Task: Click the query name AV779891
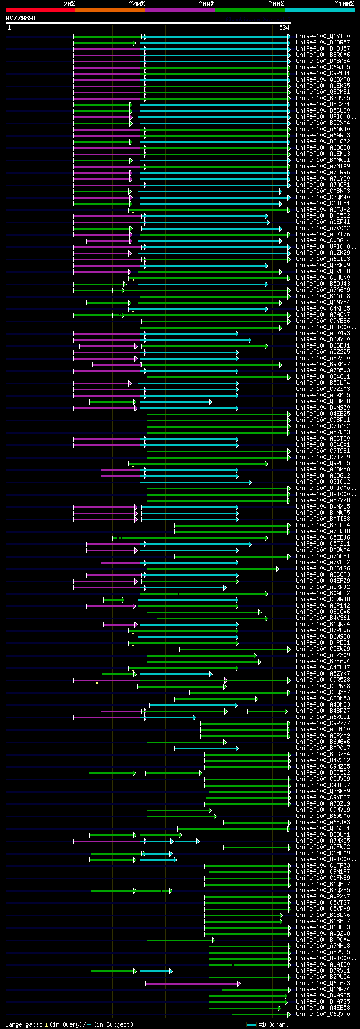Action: pyautogui.click(x=21, y=18)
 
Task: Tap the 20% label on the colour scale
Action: pyautogui.click(x=69, y=4)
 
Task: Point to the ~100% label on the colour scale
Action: pyautogui.click(x=344, y=4)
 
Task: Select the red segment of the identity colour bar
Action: pyautogui.click(x=40, y=10)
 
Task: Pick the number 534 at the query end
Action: pyautogui.click(x=284, y=28)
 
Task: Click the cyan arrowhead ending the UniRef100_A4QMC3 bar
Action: pyautogui.click(x=236, y=705)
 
